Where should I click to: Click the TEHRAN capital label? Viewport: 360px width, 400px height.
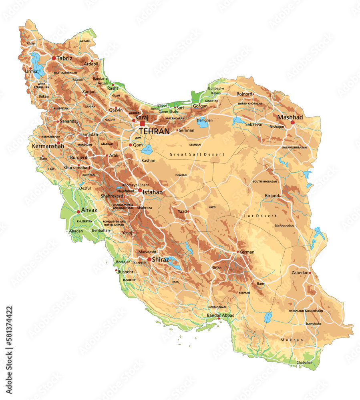coord(155,131)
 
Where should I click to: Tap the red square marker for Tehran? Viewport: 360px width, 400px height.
coord(142,124)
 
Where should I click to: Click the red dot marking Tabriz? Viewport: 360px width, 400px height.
coord(54,58)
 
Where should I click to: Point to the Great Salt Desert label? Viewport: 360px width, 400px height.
coord(197,154)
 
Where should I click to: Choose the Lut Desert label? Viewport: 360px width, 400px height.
coord(260,216)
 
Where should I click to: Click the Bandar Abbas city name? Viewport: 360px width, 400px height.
coord(220,315)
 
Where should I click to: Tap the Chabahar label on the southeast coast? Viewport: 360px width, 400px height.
coord(304,362)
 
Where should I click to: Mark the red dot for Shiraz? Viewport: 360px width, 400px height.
coord(149,260)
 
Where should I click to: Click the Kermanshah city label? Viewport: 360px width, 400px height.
coord(48,146)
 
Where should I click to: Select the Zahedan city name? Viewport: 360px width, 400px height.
coord(300,272)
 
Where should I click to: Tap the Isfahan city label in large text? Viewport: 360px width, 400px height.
coord(153,192)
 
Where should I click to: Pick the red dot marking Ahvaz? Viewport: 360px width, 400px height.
coord(78,212)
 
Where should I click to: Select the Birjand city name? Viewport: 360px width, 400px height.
coord(272,196)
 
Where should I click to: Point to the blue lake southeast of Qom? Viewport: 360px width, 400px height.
coord(147,150)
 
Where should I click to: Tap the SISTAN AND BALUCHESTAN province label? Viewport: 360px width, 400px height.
coord(306,310)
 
